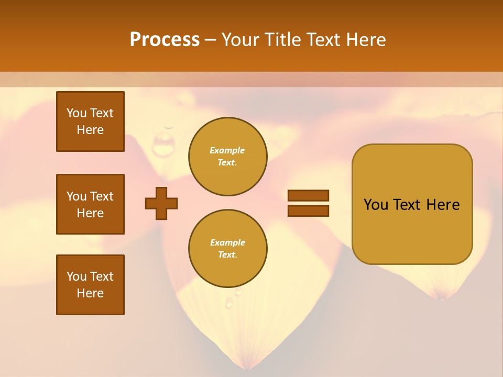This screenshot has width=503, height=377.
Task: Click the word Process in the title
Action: point(165,40)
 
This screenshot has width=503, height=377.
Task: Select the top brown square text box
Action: point(90,121)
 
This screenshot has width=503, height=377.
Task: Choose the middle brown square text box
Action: point(90,204)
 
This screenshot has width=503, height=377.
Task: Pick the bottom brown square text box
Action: point(90,285)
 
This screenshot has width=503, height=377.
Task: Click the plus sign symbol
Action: point(161,203)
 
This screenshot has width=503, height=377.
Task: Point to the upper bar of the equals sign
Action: point(308,195)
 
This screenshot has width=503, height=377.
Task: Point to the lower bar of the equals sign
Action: point(308,210)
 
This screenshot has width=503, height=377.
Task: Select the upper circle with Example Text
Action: point(228,157)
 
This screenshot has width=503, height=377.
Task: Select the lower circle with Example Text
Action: point(228,249)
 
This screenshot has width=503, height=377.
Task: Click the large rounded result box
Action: point(412,204)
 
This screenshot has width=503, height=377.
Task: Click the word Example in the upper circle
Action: point(227,150)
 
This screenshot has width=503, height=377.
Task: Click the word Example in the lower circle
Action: point(227,242)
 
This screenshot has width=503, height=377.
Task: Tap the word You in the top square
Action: point(76,113)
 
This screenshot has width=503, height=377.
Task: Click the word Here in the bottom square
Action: point(90,293)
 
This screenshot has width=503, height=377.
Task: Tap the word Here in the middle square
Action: point(90,213)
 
